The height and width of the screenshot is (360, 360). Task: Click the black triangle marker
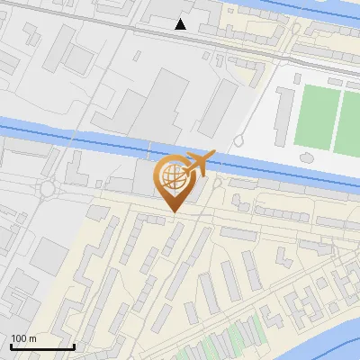tap(181, 24)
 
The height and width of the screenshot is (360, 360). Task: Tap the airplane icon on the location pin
tap(199, 164)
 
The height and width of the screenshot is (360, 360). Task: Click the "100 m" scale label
tap(23, 338)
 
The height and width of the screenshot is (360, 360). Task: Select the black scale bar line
tap(42, 346)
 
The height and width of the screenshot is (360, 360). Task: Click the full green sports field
tap(316, 117)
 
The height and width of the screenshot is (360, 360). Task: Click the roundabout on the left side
tap(47, 189)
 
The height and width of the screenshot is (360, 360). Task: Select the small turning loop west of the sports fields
tap(240, 140)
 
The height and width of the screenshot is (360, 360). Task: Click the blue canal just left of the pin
tap(108, 146)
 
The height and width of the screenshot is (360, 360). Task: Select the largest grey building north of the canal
tap(163, 99)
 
